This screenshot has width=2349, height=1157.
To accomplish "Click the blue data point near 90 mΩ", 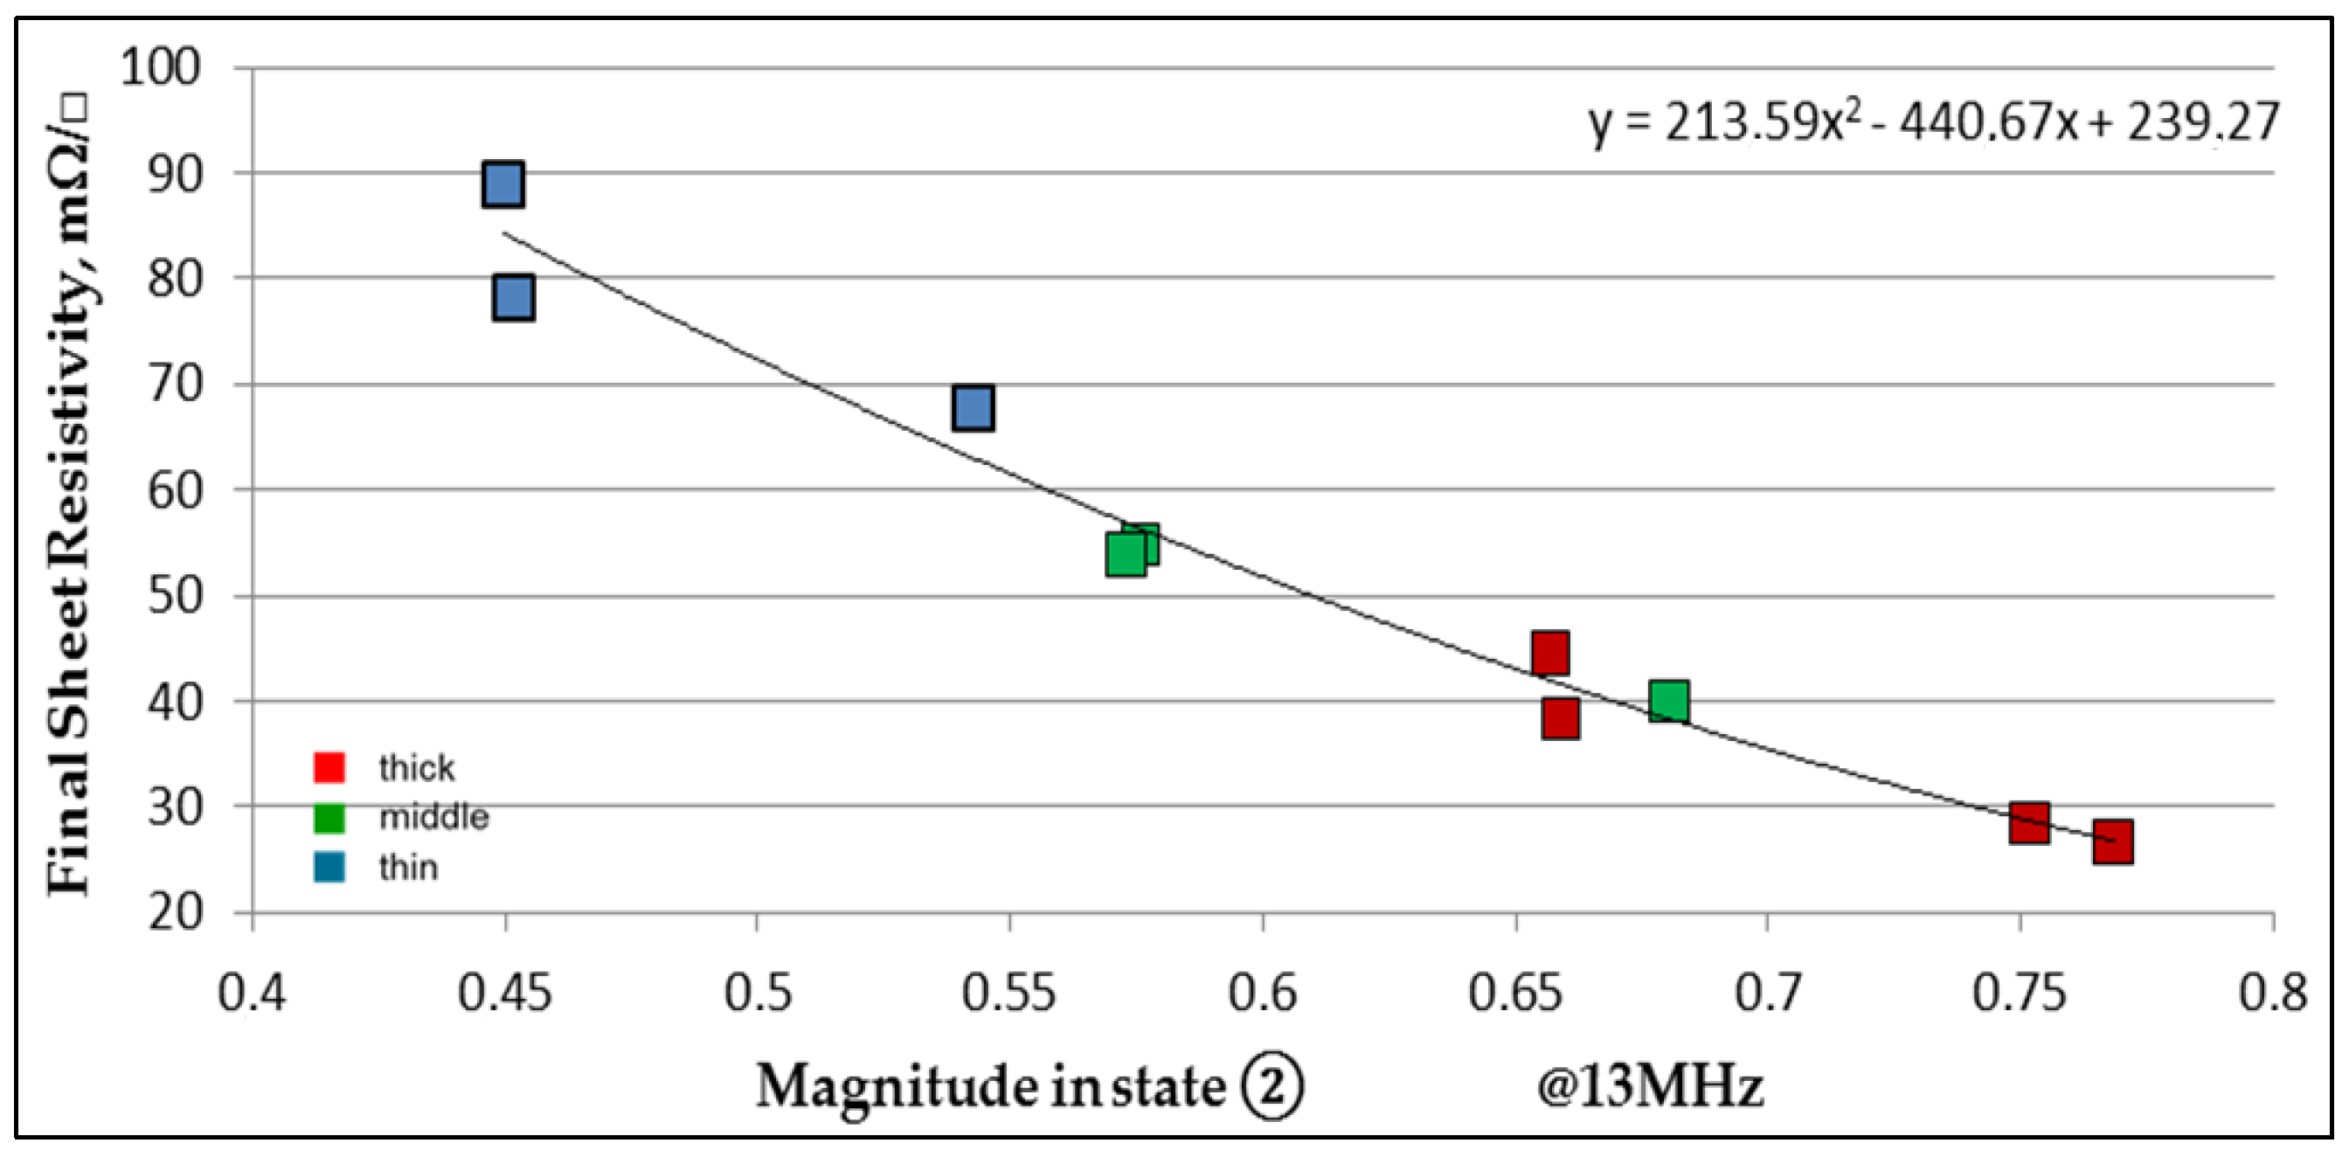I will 503,184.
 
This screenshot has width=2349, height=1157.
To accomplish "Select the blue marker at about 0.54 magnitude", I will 973,407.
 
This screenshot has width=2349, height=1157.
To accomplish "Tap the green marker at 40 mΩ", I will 1668,701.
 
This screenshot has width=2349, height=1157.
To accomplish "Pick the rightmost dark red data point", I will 2113,842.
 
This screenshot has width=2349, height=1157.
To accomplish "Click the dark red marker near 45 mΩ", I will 1550,652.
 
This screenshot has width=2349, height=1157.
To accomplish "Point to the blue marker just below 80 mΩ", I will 513,298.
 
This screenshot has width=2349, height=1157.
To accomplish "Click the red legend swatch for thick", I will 329,767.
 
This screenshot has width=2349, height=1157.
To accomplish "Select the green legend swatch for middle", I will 329,817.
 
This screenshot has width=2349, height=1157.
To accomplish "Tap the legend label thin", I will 408,867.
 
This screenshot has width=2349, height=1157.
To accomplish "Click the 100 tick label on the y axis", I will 161,67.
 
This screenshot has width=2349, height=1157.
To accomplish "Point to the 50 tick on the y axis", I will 174,596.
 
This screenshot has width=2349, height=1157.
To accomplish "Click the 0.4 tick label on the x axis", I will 252,993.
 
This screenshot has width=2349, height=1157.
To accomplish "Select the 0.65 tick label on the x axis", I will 1514,993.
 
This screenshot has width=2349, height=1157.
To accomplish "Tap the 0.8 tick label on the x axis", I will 2272,993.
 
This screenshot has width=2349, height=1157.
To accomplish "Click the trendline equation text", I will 1933,123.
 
